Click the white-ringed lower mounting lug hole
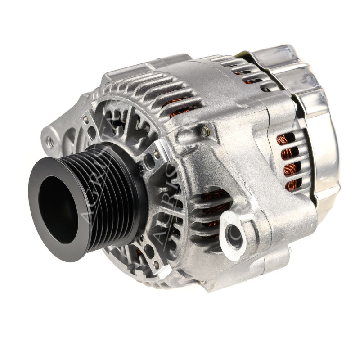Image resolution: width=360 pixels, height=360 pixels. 234,233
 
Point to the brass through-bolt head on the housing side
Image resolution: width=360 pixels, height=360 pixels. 205,131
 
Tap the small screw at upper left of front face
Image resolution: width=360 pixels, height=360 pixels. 85,119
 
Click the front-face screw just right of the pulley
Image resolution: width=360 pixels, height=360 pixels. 156,155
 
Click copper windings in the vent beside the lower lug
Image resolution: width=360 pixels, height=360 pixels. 211,202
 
